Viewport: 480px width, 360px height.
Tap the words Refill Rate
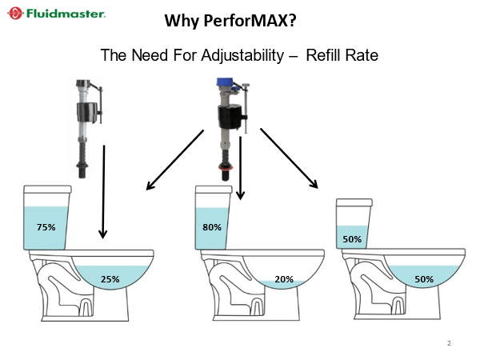(342, 56)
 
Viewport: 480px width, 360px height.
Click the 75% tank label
(46, 227)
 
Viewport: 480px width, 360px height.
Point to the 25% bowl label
(110, 279)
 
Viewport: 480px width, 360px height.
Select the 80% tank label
(212, 227)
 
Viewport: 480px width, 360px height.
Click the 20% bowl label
(284, 279)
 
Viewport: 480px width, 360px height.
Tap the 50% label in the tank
(352, 239)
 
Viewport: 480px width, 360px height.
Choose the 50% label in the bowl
(424, 279)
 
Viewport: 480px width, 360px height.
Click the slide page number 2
(449, 343)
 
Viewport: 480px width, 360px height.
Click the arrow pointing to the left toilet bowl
(103, 192)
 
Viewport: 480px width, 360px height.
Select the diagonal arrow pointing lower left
(175, 161)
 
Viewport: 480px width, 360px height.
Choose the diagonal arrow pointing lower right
(290, 158)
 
